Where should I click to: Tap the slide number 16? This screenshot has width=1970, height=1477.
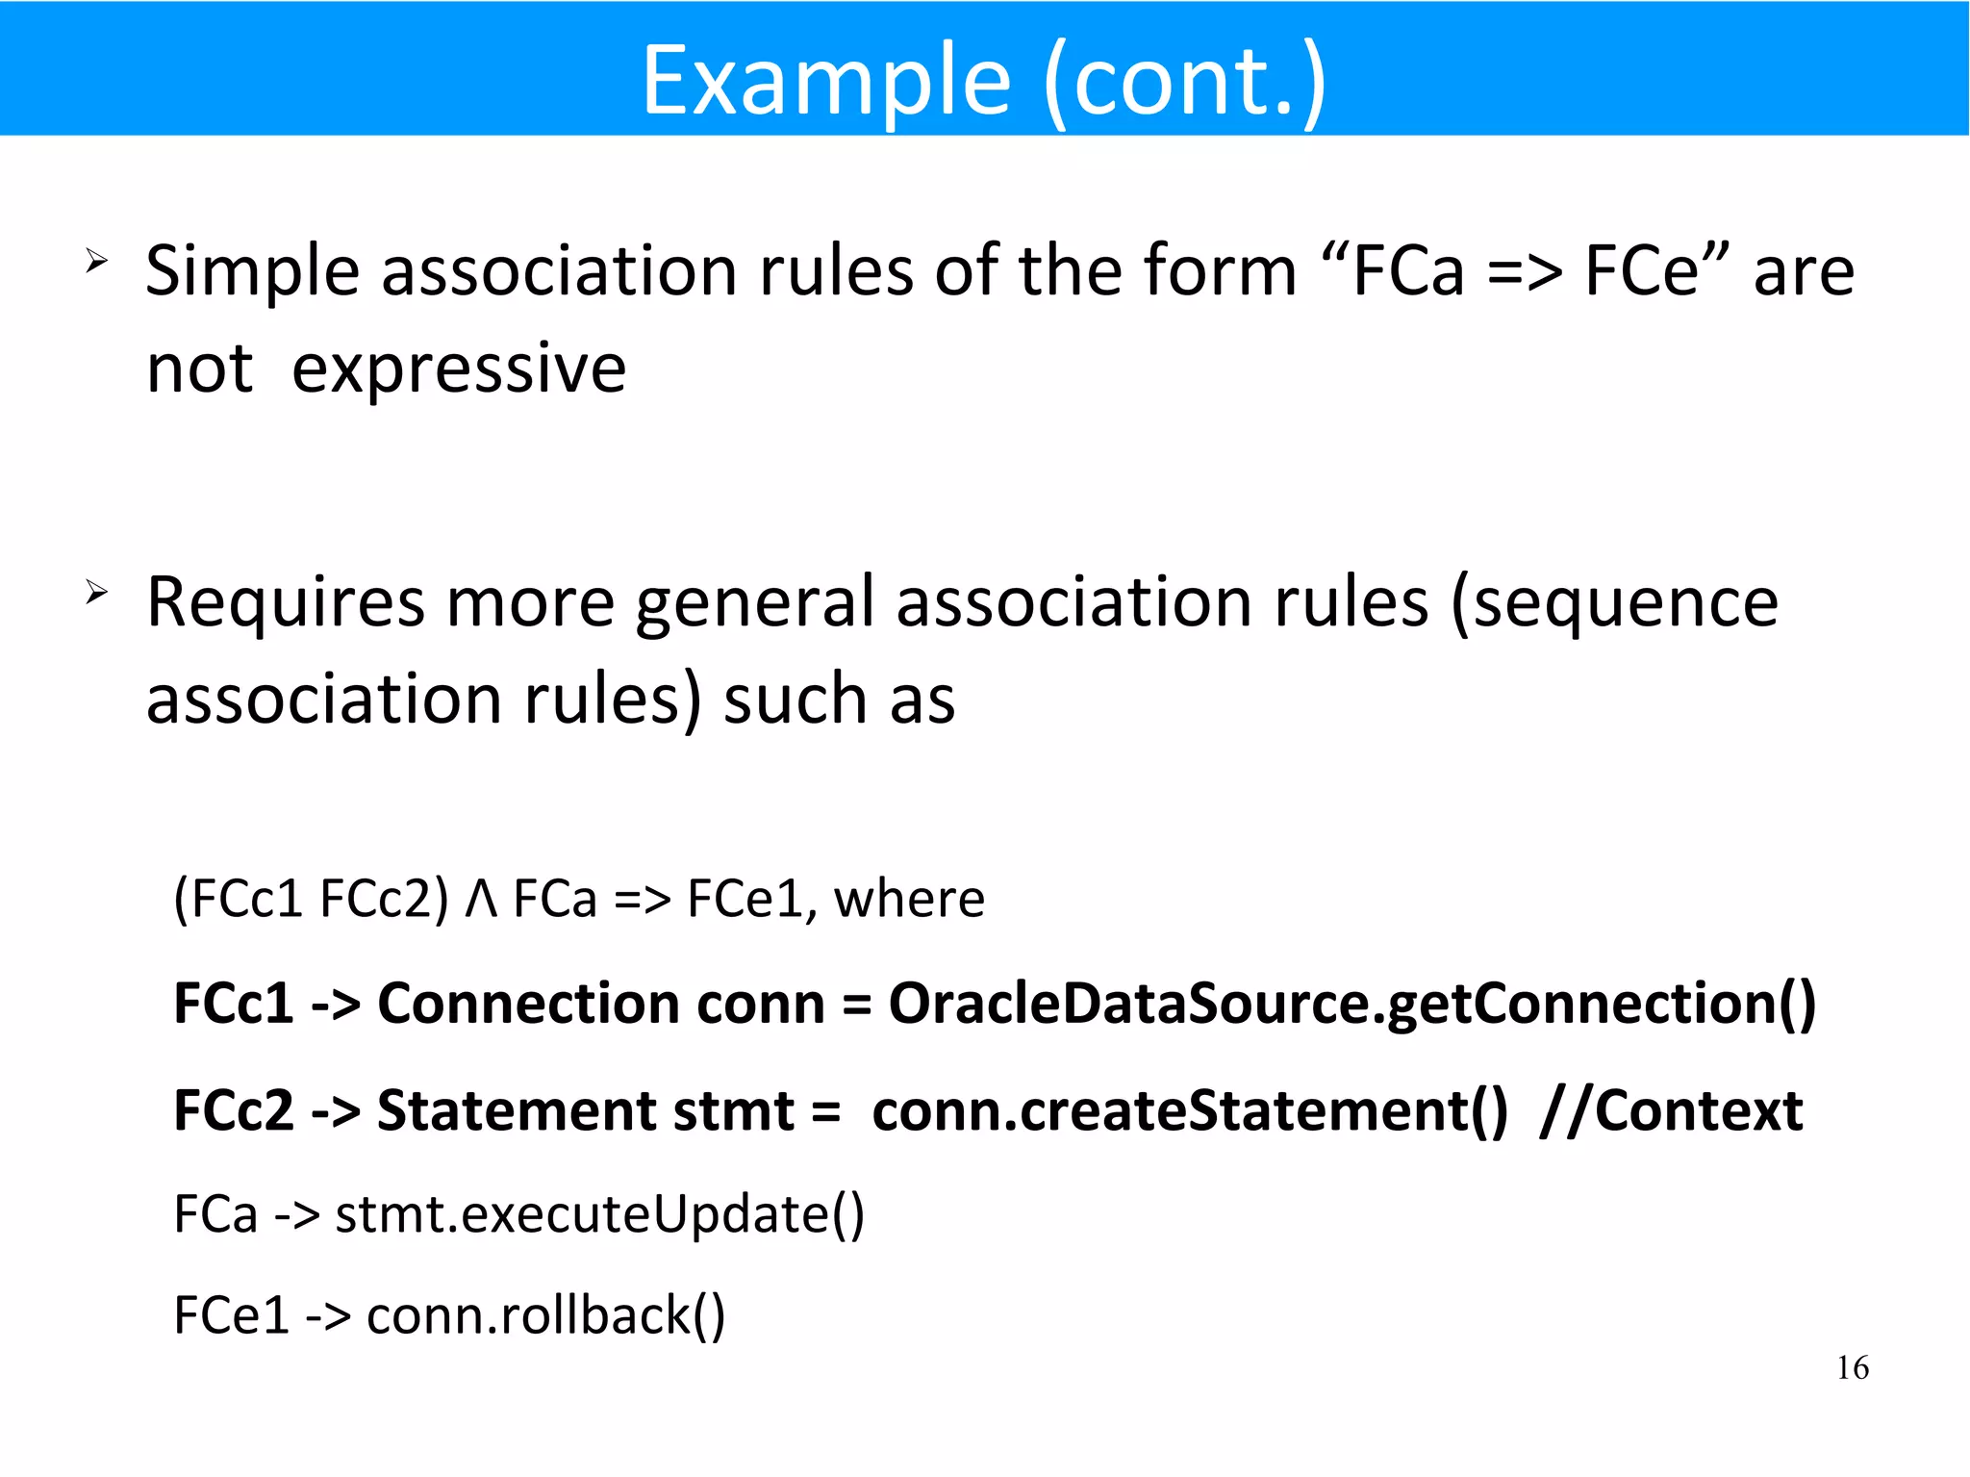click(1852, 1367)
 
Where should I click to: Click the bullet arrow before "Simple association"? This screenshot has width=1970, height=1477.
click(96, 260)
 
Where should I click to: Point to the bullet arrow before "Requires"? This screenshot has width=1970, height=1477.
click(96, 591)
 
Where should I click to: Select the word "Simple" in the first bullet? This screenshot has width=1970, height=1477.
click(252, 272)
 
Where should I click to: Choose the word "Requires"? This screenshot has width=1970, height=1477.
click(286, 603)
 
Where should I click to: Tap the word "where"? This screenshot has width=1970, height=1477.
click(909, 900)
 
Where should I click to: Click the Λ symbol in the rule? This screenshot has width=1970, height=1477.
click(481, 900)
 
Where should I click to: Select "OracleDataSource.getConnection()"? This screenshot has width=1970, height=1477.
click(1351, 1004)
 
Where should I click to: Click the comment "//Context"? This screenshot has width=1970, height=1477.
click(1671, 1110)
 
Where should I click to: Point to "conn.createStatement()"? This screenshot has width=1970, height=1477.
click(1190, 1110)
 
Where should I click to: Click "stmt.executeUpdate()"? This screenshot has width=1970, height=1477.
click(599, 1213)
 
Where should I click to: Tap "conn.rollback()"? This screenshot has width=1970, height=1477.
click(545, 1315)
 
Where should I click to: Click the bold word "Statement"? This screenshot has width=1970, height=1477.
click(516, 1110)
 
